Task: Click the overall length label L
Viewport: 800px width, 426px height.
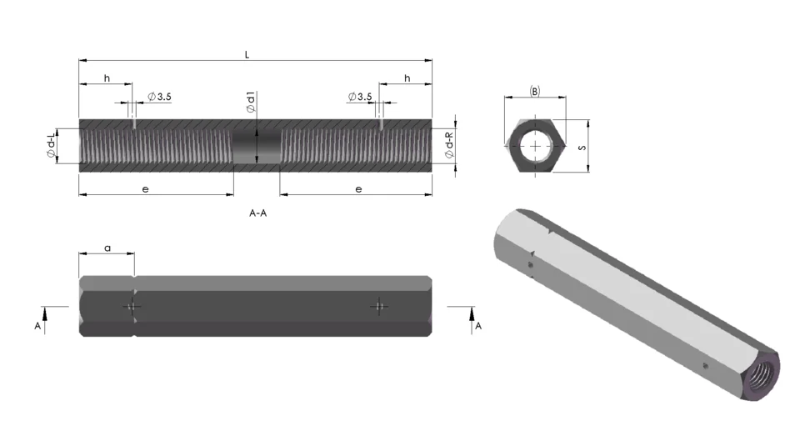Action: (247, 54)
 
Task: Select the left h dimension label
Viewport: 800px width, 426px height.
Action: (107, 78)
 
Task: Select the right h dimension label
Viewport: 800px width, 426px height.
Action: (407, 78)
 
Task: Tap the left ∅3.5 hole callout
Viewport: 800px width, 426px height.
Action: (159, 97)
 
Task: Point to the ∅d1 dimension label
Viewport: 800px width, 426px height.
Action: (250, 103)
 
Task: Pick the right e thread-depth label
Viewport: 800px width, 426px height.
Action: (358, 190)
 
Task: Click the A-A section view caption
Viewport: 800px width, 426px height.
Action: (258, 213)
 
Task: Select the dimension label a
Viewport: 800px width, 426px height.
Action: (107, 248)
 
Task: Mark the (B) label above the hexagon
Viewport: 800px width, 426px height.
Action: (535, 91)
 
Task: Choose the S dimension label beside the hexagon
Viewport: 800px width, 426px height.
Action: (581, 147)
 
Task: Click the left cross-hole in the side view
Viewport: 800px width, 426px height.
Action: (132, 306)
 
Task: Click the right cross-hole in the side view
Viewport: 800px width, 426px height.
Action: (379, 306)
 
